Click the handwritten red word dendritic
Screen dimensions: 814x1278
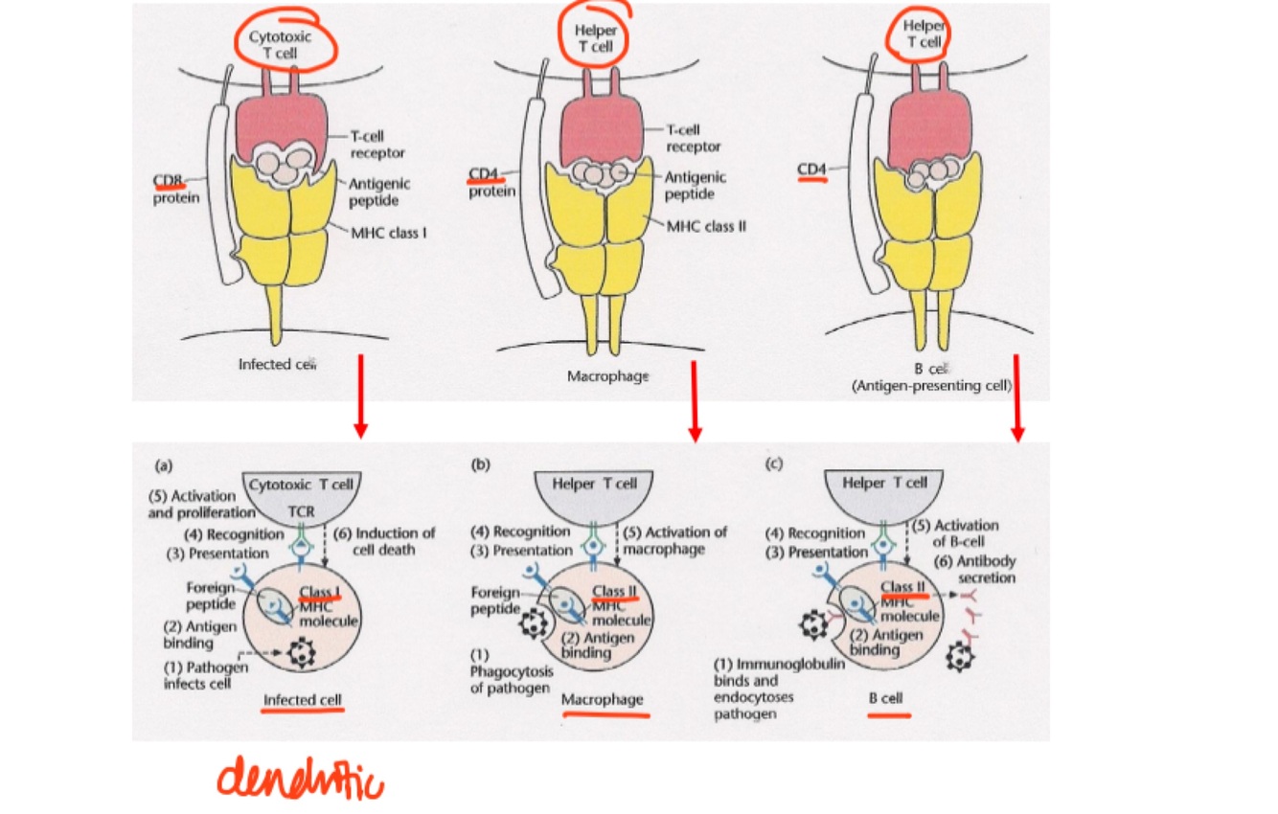(x=300, y=778)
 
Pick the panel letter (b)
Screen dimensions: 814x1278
(x=481, y=464)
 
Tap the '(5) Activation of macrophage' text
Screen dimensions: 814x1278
(x=674, y=540)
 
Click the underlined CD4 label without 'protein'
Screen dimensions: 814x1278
(x=811, y=170)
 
